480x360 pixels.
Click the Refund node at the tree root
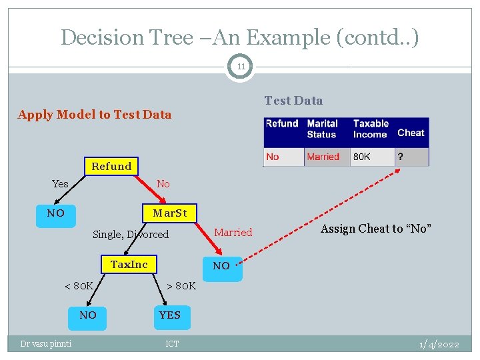click(111, 166)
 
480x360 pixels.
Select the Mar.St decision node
click(169, 213)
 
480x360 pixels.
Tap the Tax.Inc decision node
click(129, 265)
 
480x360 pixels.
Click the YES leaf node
click(169, 315)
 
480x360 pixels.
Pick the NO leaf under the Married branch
click(221, 266)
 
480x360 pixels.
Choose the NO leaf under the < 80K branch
click(88, 315)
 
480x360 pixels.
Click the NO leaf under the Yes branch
click(56, 213)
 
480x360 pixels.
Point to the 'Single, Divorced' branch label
click(131, 234)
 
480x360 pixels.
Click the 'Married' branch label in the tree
click(233, 232)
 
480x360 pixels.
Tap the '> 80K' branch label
click(181, 285)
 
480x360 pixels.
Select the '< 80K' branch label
click(78, 285)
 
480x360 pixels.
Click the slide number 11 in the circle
click(240, 67)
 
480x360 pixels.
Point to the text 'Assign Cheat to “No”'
click(376, 229)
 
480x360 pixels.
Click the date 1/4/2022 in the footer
click(439, 344)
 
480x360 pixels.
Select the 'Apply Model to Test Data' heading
click(95, 114)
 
